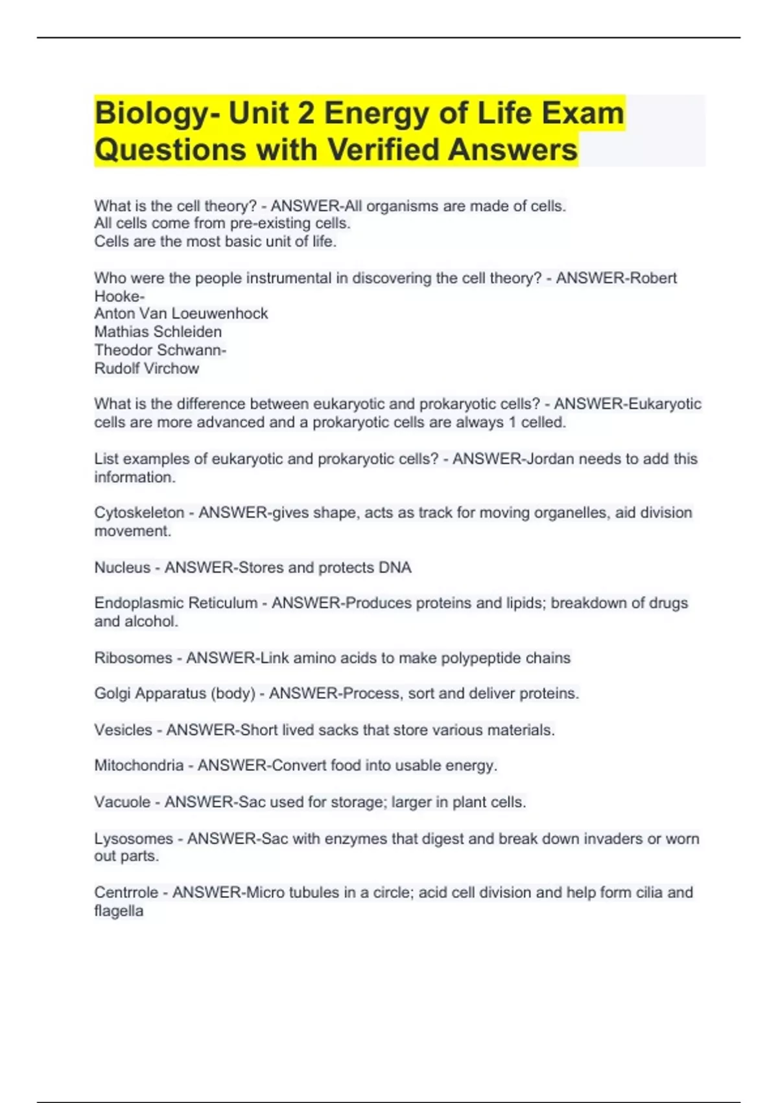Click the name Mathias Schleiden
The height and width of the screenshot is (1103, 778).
[158, 332]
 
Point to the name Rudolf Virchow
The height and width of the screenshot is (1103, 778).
[147, 368]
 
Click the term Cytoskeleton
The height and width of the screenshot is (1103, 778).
[139, 513]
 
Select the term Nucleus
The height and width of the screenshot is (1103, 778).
[122, 567]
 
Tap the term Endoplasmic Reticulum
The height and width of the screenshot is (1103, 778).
[176, 603]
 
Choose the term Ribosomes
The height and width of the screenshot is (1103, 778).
[133, 657]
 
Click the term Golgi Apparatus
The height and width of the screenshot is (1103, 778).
[152, 693]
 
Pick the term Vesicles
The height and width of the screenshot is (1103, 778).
[123, 730]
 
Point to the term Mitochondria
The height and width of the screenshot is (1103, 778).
[139, 766]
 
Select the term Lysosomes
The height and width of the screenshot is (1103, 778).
[134, 838]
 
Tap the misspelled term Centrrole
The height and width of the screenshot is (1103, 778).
[126, 892]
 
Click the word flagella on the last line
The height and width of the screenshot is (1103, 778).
[119, 910]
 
